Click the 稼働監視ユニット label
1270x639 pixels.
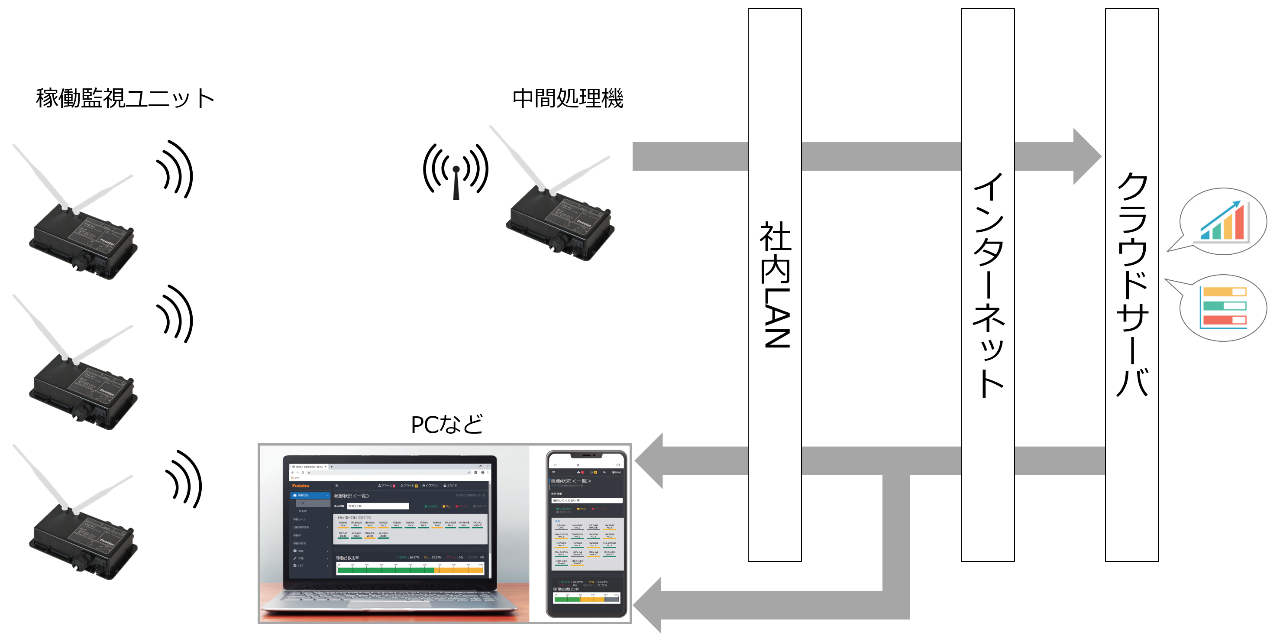[x=125, y=98]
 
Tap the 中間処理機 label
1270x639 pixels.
[x=568, y=98]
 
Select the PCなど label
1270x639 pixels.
[x=447, y=425]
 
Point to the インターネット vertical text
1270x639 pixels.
[x=988, y=285]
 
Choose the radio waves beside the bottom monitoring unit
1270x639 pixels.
[x=184, y=479]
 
